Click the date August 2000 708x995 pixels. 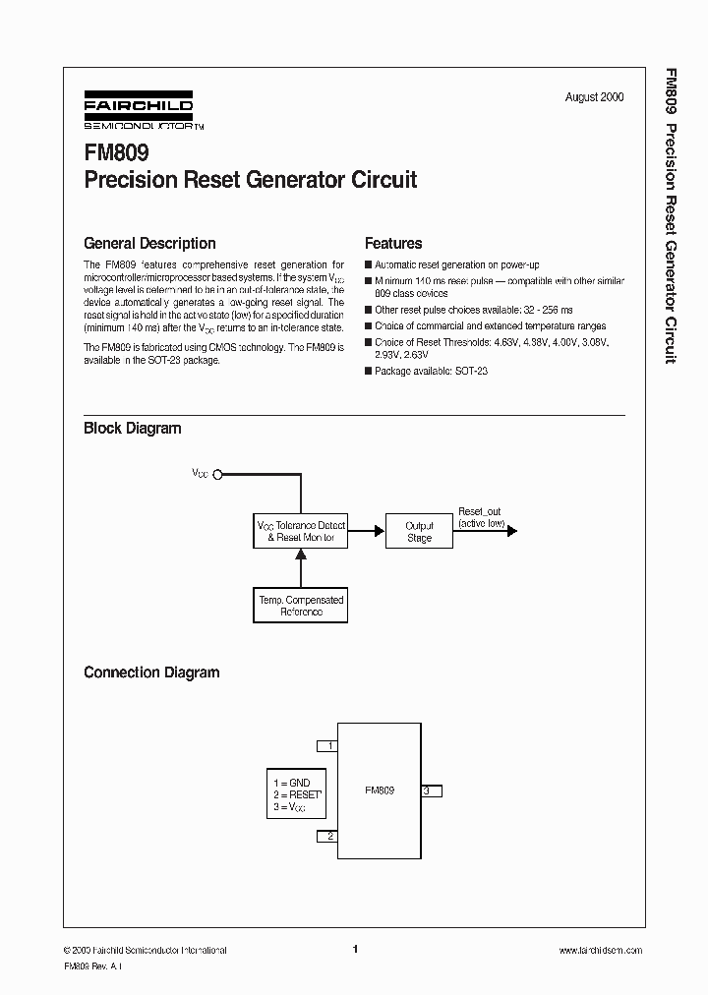tap(594, 97)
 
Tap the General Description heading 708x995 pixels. tap(149, 243)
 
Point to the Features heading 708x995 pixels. tap(393, 243)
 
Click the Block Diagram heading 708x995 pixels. tap(133, 428)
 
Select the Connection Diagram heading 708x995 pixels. tap(151, 673)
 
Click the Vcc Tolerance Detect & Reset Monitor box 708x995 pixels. tap(301, 531)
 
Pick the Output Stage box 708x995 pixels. tap(419, 531)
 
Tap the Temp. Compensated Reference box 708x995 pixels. tap(301, 605)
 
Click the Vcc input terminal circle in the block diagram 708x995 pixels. tap(218, 474)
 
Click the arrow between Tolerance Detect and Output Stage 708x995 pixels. tap(366, 531)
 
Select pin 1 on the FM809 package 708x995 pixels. tap(327, 746)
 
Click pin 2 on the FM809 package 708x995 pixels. tap(327, 836)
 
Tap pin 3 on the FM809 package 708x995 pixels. tap(431, 790)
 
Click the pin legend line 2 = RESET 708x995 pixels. tap(296, 794)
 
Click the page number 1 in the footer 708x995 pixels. tap(354, 950)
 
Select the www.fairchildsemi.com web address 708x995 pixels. tap(600, 951)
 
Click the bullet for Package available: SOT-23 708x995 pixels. tap(369, 372)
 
